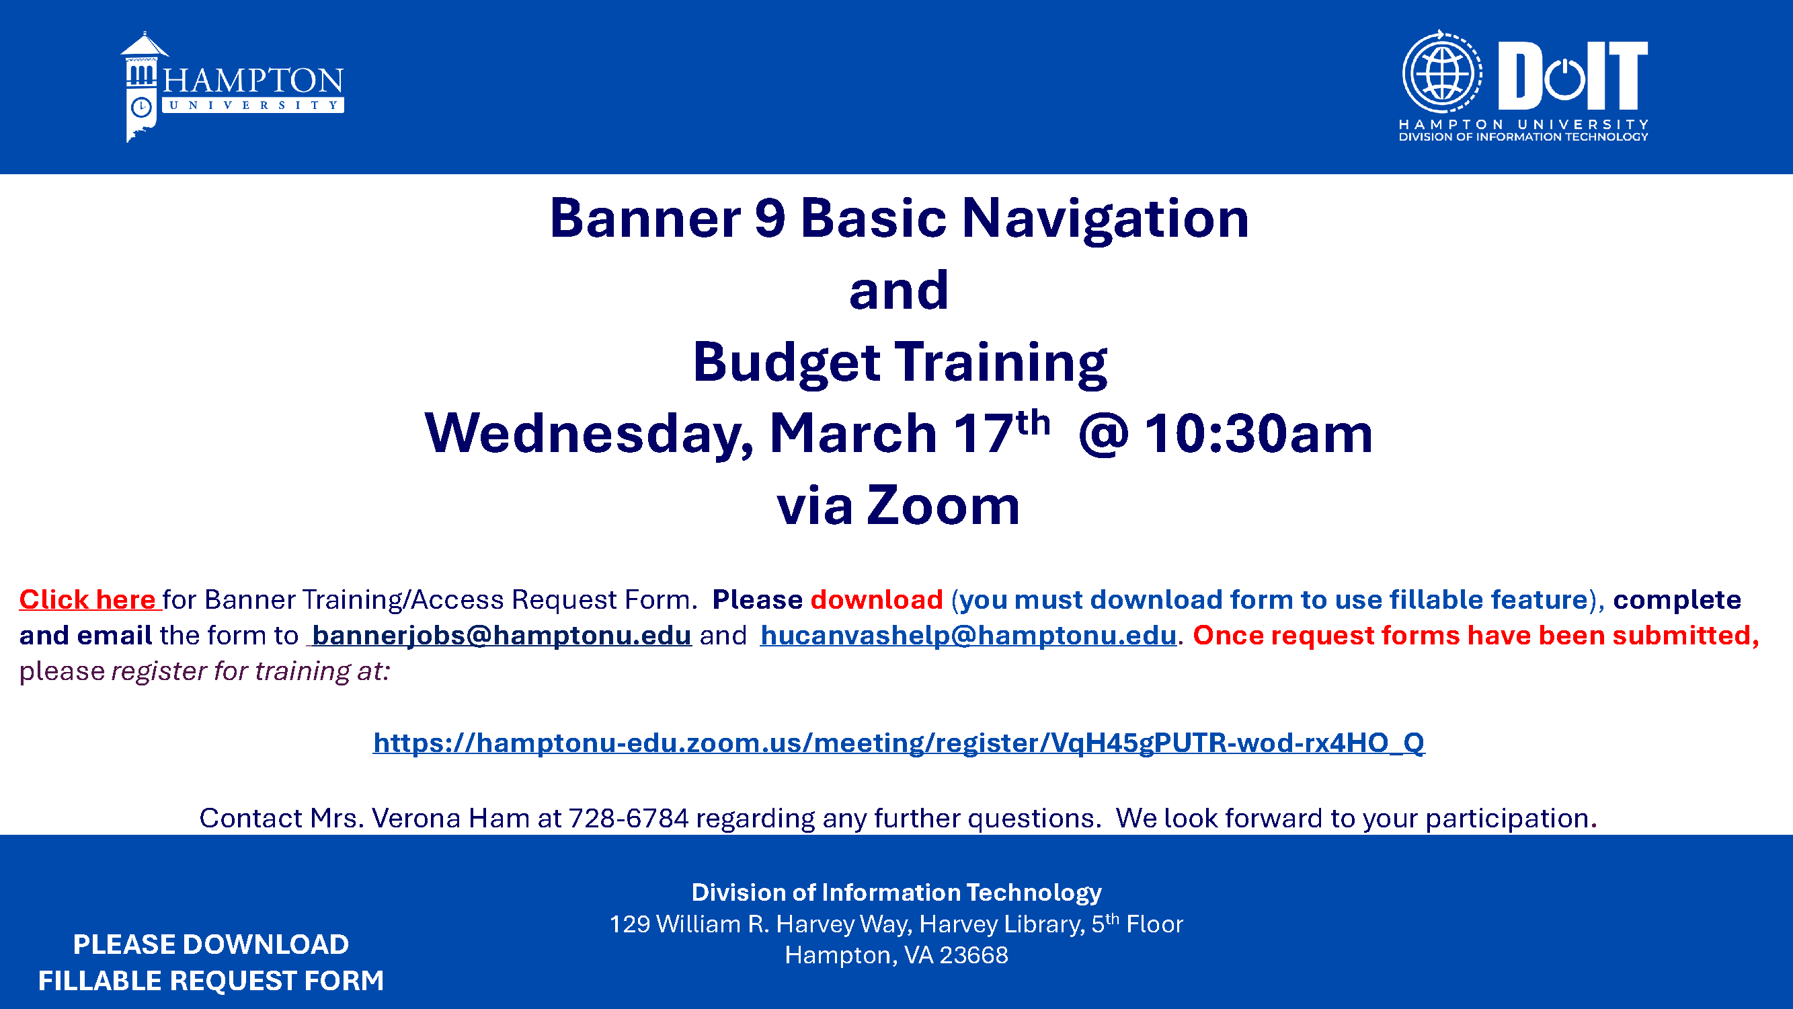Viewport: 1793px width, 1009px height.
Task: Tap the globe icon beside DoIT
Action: pyautogui.click(x=1441, y=72)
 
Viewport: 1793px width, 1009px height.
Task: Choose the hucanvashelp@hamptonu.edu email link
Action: pyautogui.click(x=968, y=635)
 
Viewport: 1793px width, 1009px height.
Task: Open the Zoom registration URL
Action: pyautogui.click(x=899, y=743)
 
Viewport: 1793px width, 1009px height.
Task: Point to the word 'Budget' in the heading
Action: pyautogui.click(x=787, y=362)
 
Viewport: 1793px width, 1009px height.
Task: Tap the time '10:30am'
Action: pyautogui.click(x=1259, y=433)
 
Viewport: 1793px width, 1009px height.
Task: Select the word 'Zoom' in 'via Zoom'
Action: pyautogui.click(x=943, y=505)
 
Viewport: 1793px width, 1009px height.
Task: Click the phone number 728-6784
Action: pyautogui.click(x=629, y=818)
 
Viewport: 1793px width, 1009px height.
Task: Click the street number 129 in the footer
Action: pyautogui.click(x=629, y=924)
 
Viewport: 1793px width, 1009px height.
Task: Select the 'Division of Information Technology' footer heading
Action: pyautogui.click(x=897, y=892)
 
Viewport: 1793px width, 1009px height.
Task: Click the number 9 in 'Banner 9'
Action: pyautogui.click(x=770, y=219)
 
